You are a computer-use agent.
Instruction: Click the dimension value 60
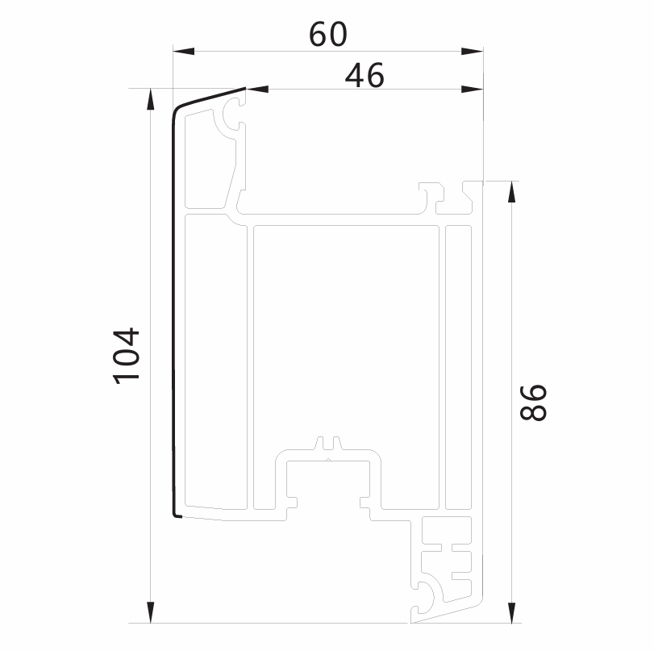(328, 34)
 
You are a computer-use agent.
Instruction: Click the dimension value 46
(364, 76)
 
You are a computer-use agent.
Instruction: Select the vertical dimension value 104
(127, 356)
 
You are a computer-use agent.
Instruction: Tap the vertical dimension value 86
(534, 403)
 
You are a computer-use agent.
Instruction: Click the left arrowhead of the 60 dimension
(184, 52)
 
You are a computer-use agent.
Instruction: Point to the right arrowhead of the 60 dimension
(472, 52)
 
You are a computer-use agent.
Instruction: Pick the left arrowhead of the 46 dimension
(257, 89)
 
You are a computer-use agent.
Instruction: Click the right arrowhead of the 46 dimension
(472, 89)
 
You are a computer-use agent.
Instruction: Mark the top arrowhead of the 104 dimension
(151, 99)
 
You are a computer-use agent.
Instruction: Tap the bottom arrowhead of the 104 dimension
(151, 612)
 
